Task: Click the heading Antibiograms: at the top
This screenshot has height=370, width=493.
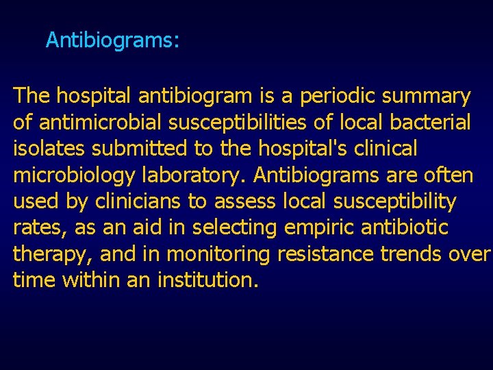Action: click(x=112, y=40)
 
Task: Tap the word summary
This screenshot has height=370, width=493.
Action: click(x=429, y=97)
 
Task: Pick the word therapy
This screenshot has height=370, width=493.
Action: click(x=52, y=254)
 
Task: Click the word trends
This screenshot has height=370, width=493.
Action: click(x=409, y=254)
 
